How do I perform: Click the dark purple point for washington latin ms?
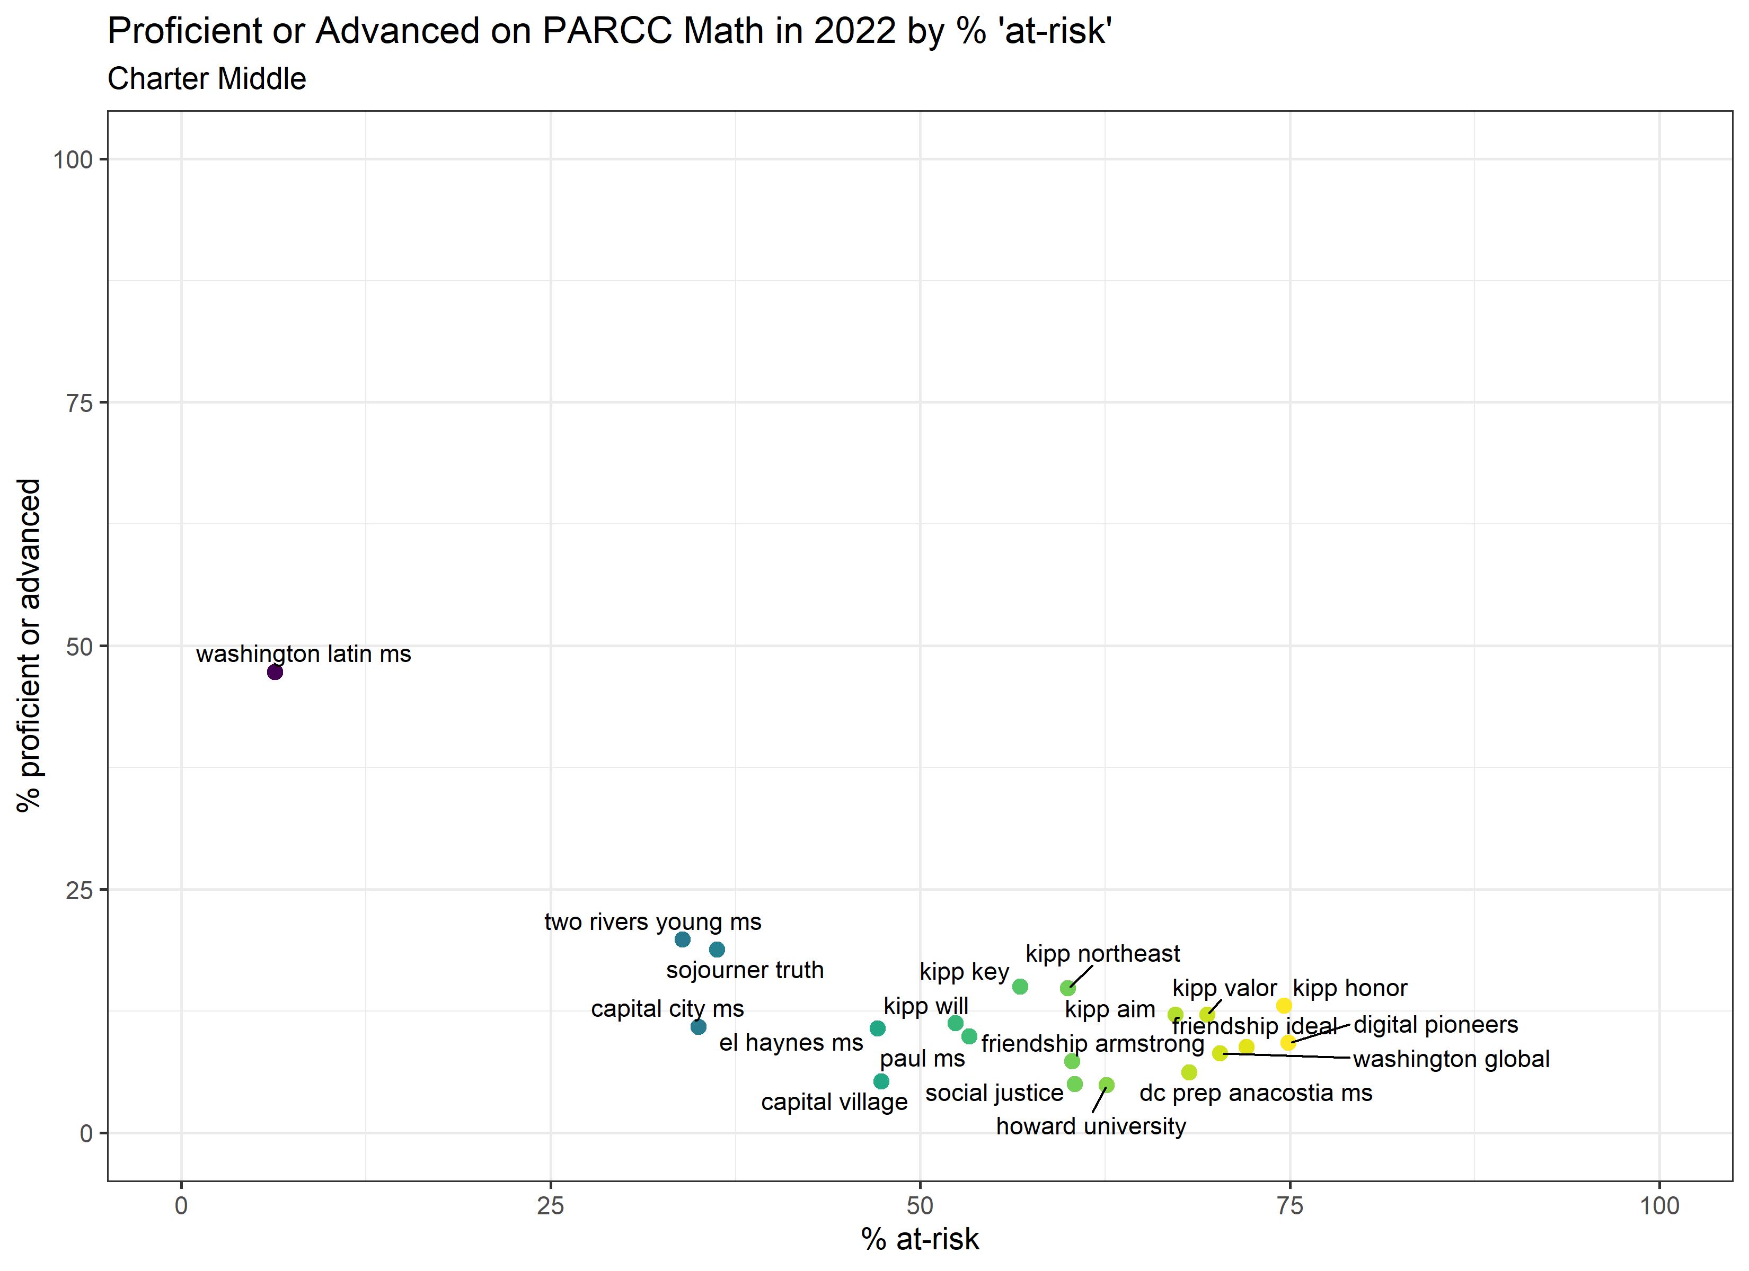point(275,672)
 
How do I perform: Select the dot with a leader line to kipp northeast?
point(1067,988)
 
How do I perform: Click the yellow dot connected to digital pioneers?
point(1288,1043)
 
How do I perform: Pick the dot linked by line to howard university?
point(1107,1085)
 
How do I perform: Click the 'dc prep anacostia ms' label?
point(1256,1093)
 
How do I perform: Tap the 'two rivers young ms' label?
point(652,922)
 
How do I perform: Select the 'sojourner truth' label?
point(745,970)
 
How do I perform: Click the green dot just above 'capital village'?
point(881,1081)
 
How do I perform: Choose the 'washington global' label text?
point(1451,1059)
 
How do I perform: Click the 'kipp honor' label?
point(1349,988)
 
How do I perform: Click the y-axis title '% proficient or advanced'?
point(29,645)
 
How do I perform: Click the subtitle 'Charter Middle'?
point(207,78)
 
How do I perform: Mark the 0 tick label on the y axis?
point(86,1134)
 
